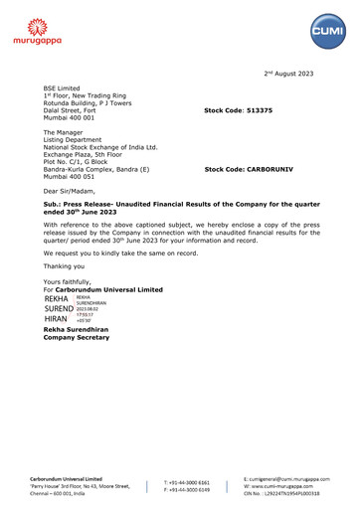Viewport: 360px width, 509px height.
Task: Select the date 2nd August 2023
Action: [294, 75]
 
